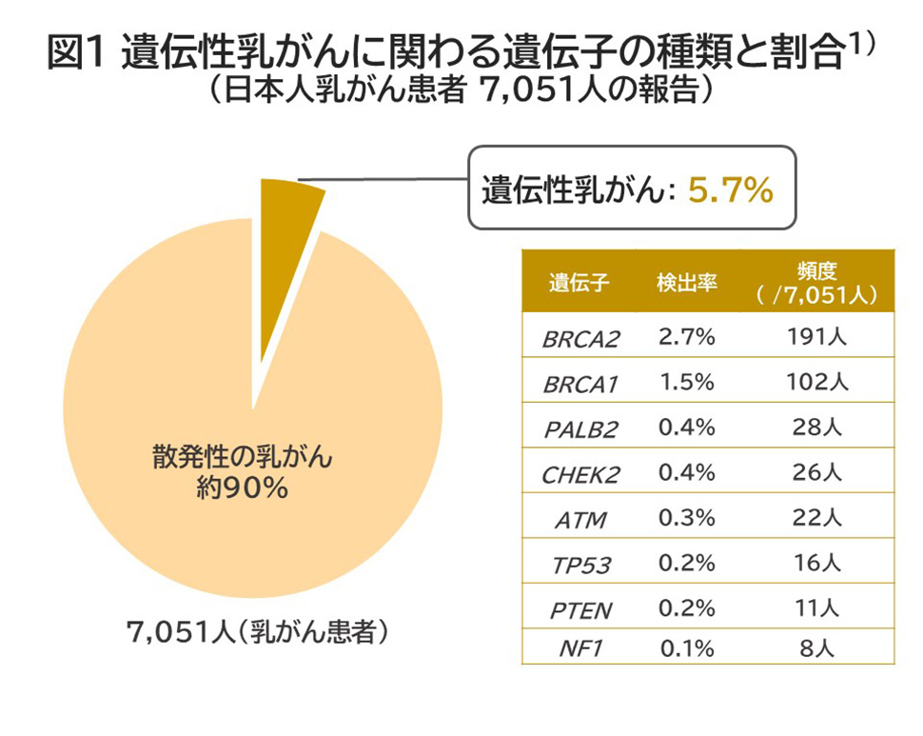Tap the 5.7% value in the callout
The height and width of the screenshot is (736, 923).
730,189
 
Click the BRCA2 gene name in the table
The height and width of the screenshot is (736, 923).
579,339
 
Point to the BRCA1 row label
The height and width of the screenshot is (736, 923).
579,384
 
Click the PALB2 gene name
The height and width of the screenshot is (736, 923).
579,428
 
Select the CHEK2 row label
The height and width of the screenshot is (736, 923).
579,474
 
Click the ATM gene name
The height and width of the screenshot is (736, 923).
579,519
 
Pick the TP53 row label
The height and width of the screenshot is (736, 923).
579,565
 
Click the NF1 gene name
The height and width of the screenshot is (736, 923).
579,650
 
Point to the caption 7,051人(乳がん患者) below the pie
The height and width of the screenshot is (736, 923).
258,633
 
